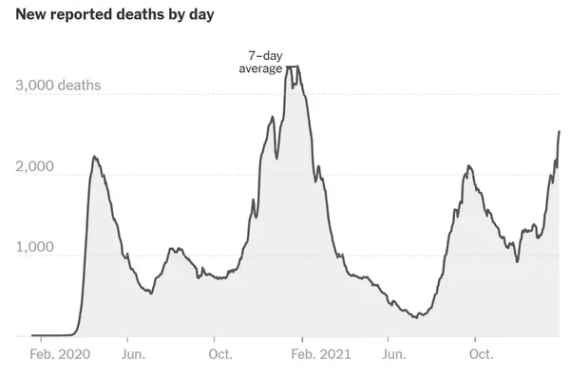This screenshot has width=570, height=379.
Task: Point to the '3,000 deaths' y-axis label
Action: [58, 86]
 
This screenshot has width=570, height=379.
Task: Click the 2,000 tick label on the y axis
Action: [34, 167]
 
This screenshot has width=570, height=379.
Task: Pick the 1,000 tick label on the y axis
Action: [34, 248]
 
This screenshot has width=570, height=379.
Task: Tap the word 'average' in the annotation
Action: [260, 69]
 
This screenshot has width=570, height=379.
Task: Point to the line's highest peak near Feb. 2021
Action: [293, 66]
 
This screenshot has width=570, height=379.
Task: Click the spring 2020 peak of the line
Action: [94, 157]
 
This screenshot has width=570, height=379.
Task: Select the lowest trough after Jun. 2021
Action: [417, 317]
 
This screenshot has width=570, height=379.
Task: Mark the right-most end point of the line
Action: [559, 131]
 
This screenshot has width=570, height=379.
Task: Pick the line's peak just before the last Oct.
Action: [468, 166]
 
